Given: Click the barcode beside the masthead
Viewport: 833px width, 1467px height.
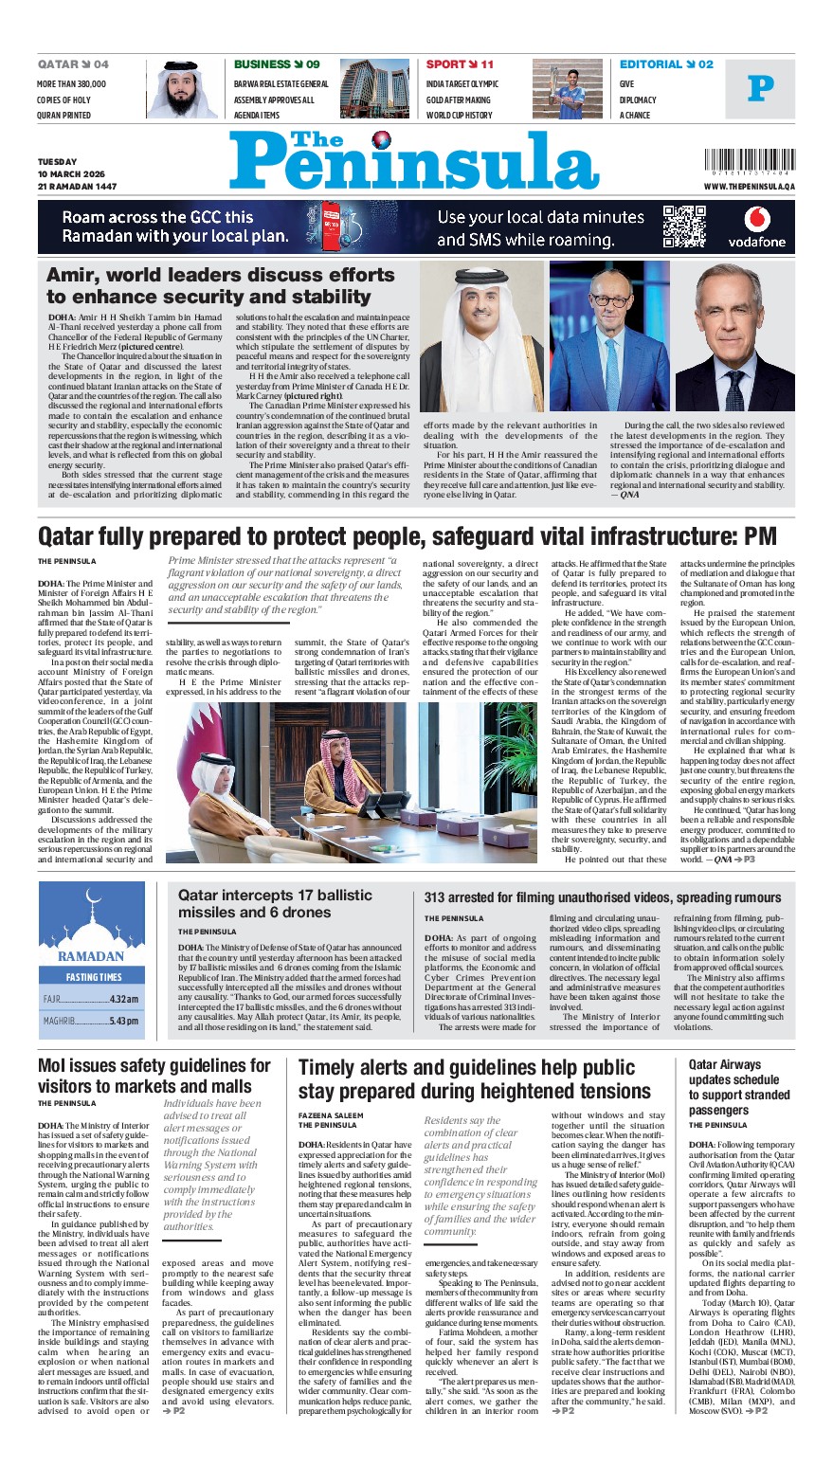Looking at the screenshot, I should pos(749,162).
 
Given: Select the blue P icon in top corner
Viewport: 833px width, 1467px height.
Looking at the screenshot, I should pos(760,88).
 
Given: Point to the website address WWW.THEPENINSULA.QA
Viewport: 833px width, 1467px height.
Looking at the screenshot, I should pos(749,187).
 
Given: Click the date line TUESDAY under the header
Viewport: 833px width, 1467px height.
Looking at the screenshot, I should pos(58,162).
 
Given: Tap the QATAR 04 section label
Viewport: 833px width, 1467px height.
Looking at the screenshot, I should pos(73,64).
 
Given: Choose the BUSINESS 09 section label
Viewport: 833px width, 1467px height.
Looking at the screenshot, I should pos(277,64).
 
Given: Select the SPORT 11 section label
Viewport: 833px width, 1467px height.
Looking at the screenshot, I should pos(460,64).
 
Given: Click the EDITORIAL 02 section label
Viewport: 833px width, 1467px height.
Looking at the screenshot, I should pos(666,64).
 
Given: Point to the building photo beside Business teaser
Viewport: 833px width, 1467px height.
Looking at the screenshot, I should pos(374,89).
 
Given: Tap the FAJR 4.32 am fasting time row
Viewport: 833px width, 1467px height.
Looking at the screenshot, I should pos(91,999).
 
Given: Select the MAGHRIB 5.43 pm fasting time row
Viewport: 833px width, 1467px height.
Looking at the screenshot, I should pos(91,1021).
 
